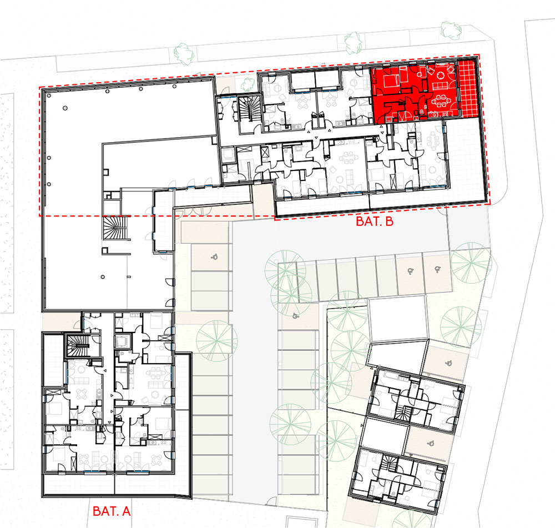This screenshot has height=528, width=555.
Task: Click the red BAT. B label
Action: pyautogui.click(x=375, y=222)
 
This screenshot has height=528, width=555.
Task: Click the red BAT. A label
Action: pyautogui.click(x=112, y=511)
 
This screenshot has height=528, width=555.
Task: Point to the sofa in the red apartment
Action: pyautogui.click(x=441, y=86)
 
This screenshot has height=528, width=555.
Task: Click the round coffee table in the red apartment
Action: pyautogui.click(x=441, y=75)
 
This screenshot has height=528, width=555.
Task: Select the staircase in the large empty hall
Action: pyautogui.click(x=114, y=228)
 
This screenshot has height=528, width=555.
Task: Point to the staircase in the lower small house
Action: pyautogui.click(x=389, y=464)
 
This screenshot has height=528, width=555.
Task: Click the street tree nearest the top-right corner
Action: pyautogui.click(x=451, y=30)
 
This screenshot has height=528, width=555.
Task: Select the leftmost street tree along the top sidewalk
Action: pyautogui.click(x=184, y=53)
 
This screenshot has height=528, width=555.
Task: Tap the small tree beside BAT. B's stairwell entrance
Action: pyautogui.click(x=248, y=84)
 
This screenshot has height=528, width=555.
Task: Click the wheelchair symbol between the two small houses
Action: pyautogui.click(x=431, y=442)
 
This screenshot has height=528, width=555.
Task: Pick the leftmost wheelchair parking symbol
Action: pyautogui.click(x=214, y=257)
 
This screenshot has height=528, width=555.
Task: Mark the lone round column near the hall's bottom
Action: pyautogui.click(x=103, y=277)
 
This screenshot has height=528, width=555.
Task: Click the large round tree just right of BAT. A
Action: pyautogui.click(x=216, y=341)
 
